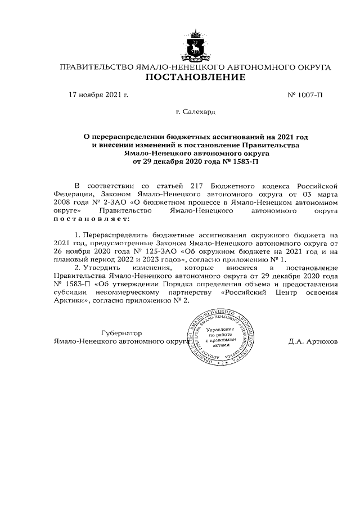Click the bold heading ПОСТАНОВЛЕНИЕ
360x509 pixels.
click(195, 77)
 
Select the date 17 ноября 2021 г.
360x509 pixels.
click(98, 94)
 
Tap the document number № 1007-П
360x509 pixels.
click(305, 94)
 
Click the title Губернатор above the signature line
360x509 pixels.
click(121, 333)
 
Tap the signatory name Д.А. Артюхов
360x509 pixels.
click(313, 341)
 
